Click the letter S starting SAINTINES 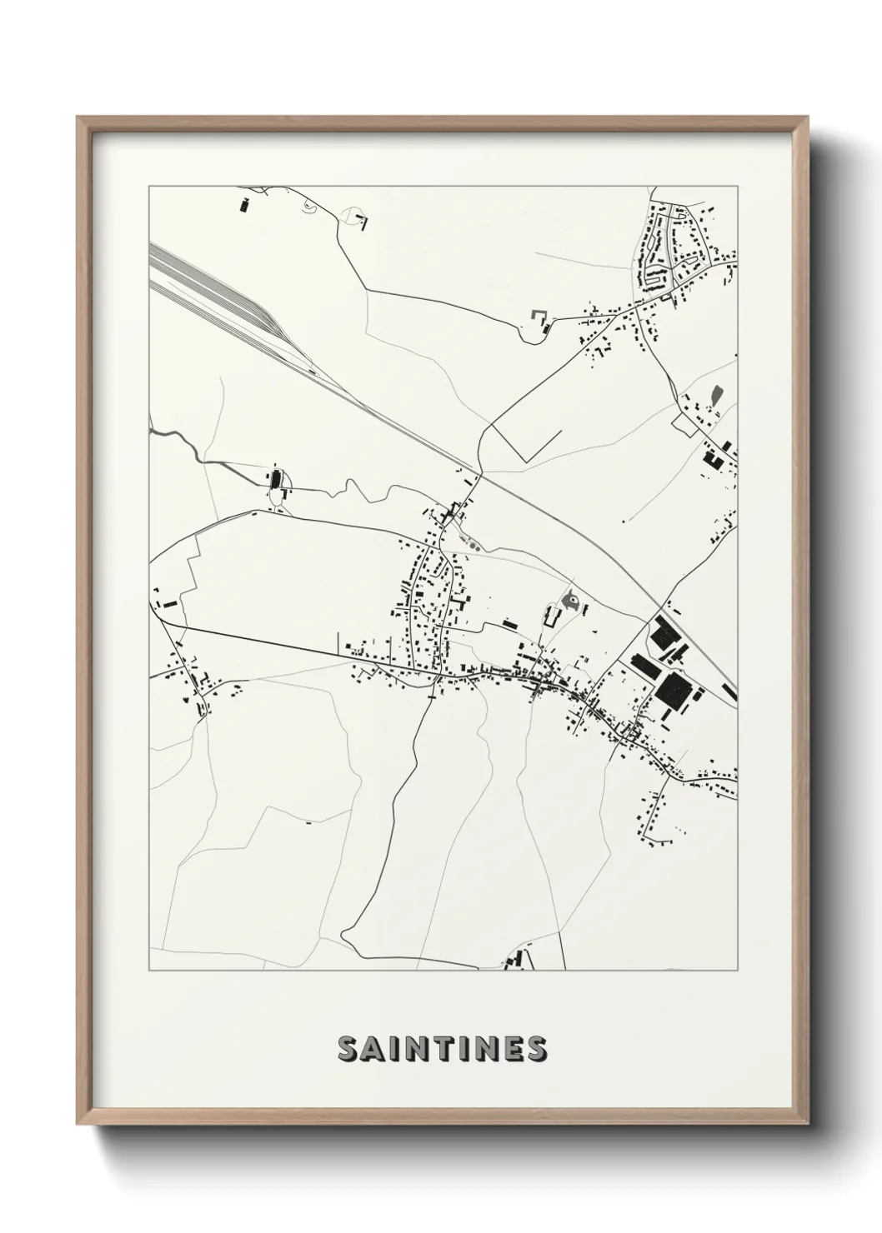click(x=348, y=1049)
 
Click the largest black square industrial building click(x=673, y=691)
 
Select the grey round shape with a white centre click(x=573, y=600)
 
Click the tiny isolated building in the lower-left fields click(x=308, y=822)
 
